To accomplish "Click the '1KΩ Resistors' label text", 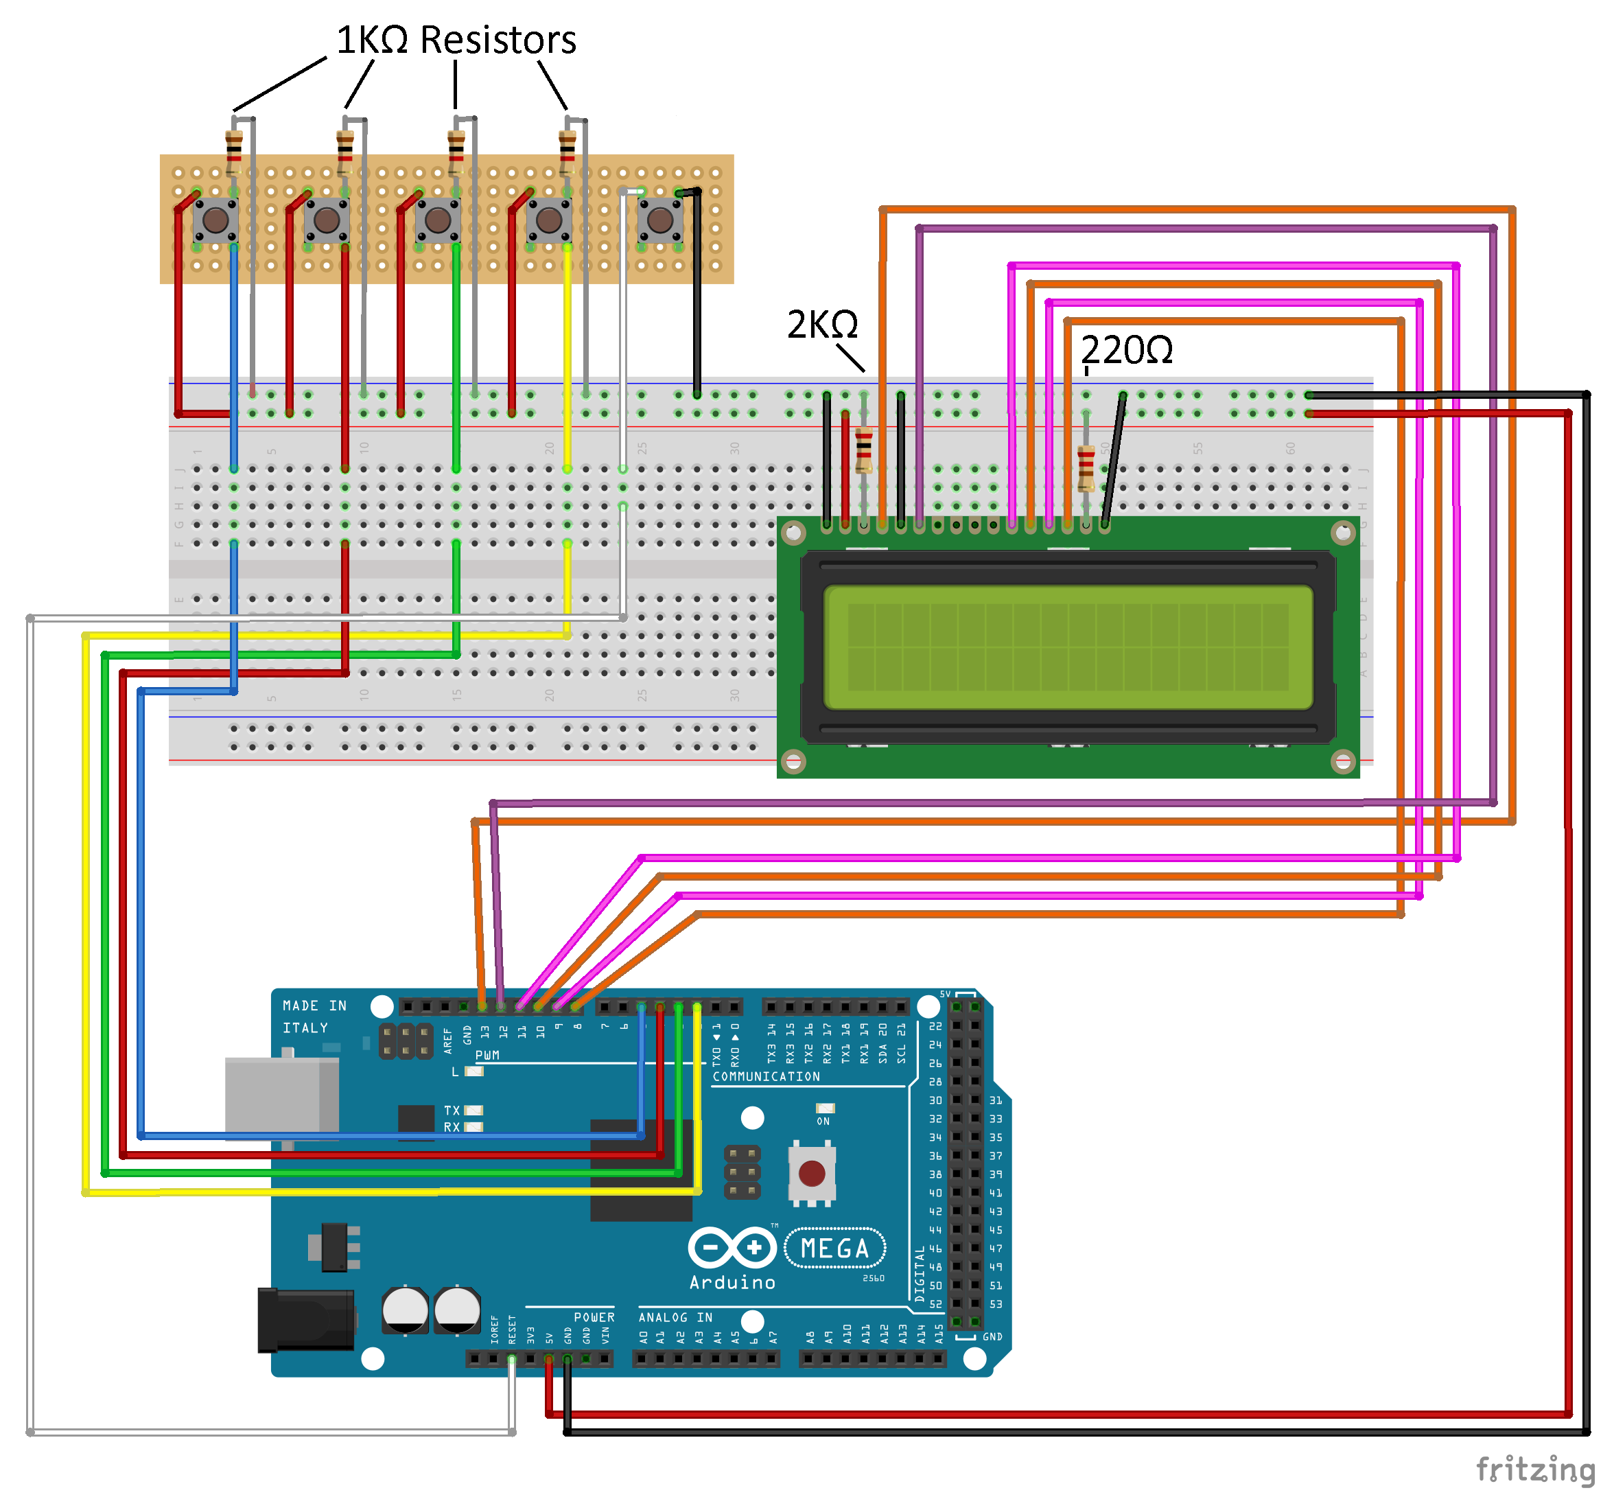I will pyautogui.click(x=456, y=40).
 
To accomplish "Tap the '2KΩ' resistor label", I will pyautogui.click(x=822, y=325).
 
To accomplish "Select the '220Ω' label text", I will pyautogui.click(x=1127, y=350).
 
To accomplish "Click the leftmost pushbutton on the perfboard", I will pyautogui.click(x=215, y=220).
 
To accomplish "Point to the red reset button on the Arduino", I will pyautogui.click(x=811, y=1172).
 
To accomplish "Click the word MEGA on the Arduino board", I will pyautogui.click(x=834, y=1249).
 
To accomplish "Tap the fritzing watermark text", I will pyautogui.click(x=1534, y=1469).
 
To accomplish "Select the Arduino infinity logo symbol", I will pyautogui.click(x=732, y=1248).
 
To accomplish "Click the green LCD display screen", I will pyautogui.click(x=1067, y=648).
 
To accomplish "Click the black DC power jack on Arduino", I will pyautogui.click(x=305, y=1321).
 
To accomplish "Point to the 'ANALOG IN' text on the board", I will pyautogui.click(x=675, y=1317).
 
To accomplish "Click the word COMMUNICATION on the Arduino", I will pyautogui.click(x=765, y=1076).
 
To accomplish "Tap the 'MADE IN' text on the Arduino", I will pyautogui.click(x=314, y=1006).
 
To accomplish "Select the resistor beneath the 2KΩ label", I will pyautogui.click(x=863, y=450).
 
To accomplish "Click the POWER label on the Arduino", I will pyautogui.click(x=594, y=1317).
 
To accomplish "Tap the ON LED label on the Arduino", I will pyautogui.click(x=823, y=1121).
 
